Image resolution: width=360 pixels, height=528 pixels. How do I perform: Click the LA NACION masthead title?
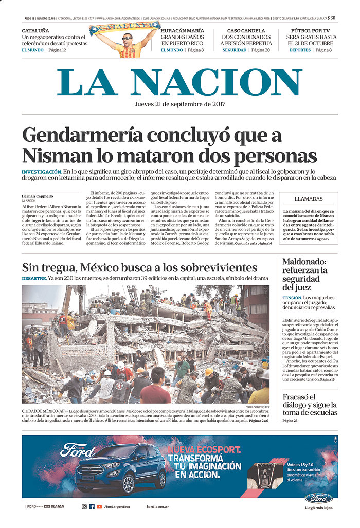click(180, 82)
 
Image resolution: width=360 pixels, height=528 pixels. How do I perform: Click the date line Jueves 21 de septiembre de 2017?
click(180, 103)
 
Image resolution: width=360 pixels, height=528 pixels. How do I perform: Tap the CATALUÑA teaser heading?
click(35, 31)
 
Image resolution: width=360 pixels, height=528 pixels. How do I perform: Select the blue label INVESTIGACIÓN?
click(41, 171)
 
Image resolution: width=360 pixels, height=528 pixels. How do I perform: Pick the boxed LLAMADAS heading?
click(309, 199)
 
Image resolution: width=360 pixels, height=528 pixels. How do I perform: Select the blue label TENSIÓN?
click(292, 298)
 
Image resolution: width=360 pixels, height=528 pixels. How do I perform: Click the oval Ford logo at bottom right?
click(318, 498)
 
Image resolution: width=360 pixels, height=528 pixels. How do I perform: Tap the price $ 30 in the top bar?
click(332, 18)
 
